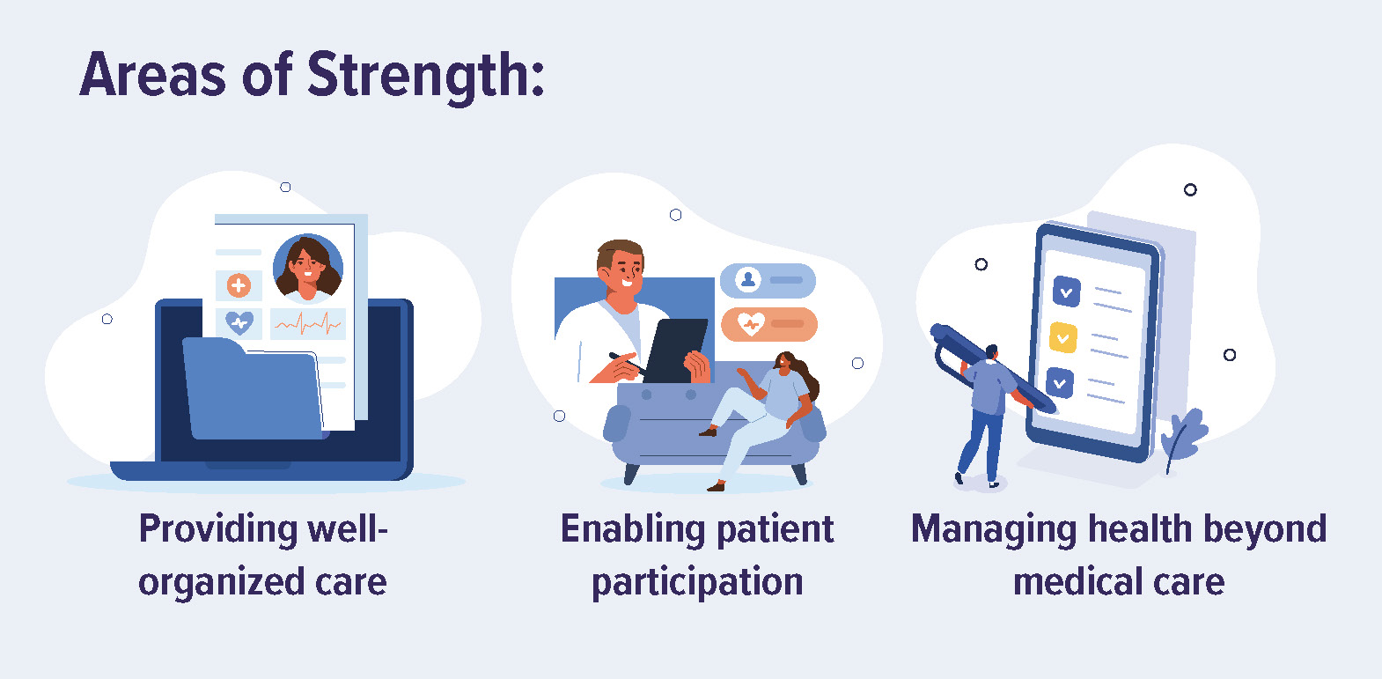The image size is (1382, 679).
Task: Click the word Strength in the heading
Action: point(426,77)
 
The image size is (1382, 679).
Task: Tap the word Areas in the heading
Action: point(153,75)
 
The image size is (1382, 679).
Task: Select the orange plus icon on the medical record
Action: point(239,285)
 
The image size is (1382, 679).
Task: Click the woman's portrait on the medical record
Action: point(308,269)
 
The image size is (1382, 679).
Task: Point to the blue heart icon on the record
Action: point(239,322)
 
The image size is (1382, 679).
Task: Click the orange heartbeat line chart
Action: point(307,323)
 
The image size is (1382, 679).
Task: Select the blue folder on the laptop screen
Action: point(253,389)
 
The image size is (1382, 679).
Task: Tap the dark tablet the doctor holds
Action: point(675,351)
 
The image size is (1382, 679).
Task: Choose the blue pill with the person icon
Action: point(768,280)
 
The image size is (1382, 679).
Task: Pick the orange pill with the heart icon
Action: point(769,324)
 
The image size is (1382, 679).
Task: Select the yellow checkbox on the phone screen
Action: point(1063,337)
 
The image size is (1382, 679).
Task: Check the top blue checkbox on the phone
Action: point(1067,292)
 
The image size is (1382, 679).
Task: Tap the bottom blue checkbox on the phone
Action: point(1060,383)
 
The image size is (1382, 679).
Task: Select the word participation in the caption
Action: point(697,583)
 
